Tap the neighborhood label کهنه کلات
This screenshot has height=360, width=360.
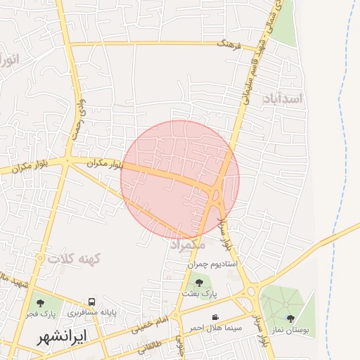(x=75, y=259)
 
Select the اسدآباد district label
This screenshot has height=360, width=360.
(x=284, y=98)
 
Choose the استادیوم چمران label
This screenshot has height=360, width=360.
(x=214, y=264)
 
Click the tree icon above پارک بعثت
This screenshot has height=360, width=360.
(x=199, y=283)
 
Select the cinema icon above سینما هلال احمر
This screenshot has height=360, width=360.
(x=214, y=317)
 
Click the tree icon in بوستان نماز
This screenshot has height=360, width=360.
(x=290, y=319)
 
